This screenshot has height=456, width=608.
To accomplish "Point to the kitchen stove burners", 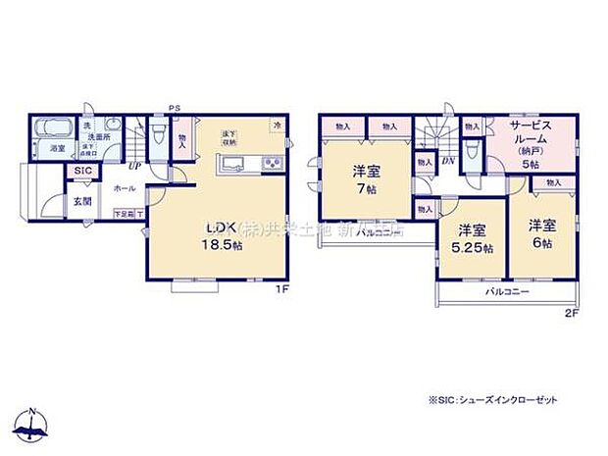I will coord(271,163).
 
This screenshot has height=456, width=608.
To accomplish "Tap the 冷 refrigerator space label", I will coord(278,125).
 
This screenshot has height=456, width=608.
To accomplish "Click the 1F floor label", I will coord(280,288).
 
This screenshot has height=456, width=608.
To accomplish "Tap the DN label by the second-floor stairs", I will coord(448,162).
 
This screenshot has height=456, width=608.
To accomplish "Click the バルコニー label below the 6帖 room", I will coord(506,293).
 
